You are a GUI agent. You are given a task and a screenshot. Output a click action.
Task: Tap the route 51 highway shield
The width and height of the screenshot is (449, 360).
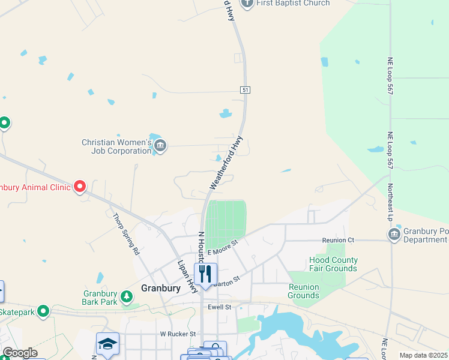point(245,90)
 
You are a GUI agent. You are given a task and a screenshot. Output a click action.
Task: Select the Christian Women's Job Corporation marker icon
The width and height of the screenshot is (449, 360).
point(160,145)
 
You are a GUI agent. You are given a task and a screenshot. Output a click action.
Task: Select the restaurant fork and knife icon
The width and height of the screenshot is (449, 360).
point(205,274)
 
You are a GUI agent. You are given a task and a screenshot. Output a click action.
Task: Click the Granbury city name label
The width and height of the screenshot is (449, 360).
point(160,288)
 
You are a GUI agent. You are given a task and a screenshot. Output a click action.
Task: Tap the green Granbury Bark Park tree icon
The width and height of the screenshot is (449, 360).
point(126,296)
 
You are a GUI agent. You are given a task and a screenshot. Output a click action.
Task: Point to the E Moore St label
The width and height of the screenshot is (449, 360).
point(223,246)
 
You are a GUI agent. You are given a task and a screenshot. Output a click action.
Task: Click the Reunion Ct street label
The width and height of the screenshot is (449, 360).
point(339,240)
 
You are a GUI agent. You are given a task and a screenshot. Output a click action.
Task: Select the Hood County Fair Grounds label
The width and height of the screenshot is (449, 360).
point(333,264)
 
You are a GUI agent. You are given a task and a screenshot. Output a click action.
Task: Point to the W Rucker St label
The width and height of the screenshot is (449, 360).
point(178,334)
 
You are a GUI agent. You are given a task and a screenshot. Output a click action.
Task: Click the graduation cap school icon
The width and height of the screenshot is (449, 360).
point(107,344)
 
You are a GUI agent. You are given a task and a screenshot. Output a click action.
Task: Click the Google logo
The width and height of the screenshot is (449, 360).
point(20,353)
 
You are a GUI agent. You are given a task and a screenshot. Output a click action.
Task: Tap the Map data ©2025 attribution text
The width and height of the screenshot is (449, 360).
point(423,355)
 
